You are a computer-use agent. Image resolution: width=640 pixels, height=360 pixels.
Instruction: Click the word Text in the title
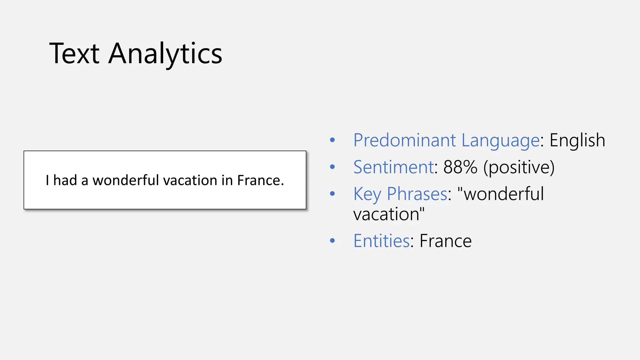(x=74, y=54)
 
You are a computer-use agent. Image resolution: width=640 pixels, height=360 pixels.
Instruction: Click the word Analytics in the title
(x=165, y=54)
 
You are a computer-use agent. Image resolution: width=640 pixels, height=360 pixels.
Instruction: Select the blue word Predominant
(x=405, y=140)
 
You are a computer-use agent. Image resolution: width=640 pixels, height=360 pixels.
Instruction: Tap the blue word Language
(x=500, y=141)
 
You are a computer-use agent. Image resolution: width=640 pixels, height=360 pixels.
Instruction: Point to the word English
(x=577, y=141)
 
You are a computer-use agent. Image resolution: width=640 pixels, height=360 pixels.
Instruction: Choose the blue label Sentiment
(x=393, y=167)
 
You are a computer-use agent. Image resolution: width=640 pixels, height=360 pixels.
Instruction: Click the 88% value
(x=460, y=167)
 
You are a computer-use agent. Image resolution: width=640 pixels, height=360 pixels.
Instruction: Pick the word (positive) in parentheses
(x=519, y=167)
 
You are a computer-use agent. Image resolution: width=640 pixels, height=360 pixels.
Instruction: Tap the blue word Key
(x=367, y=194)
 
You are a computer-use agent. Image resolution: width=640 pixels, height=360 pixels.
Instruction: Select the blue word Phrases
(x=417, y=194)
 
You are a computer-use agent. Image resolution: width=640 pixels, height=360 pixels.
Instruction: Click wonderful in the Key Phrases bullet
(x=503, y=194)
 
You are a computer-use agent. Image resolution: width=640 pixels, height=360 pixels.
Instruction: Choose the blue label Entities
(x=382, y=241)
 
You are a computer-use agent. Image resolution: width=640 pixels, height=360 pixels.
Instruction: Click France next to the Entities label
(x=445, y=241)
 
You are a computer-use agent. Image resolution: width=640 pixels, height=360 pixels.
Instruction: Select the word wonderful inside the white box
(x=126, y=180)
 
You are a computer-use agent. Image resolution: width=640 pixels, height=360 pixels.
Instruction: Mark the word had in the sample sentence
(x=65, y=180)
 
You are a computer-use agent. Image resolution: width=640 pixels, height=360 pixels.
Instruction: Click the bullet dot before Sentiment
(x=332, y=167)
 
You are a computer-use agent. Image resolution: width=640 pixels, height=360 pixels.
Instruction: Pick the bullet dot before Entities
(x=332, y=241)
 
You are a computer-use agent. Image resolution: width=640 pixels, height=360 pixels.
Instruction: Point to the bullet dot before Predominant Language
(x=332, y=140)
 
